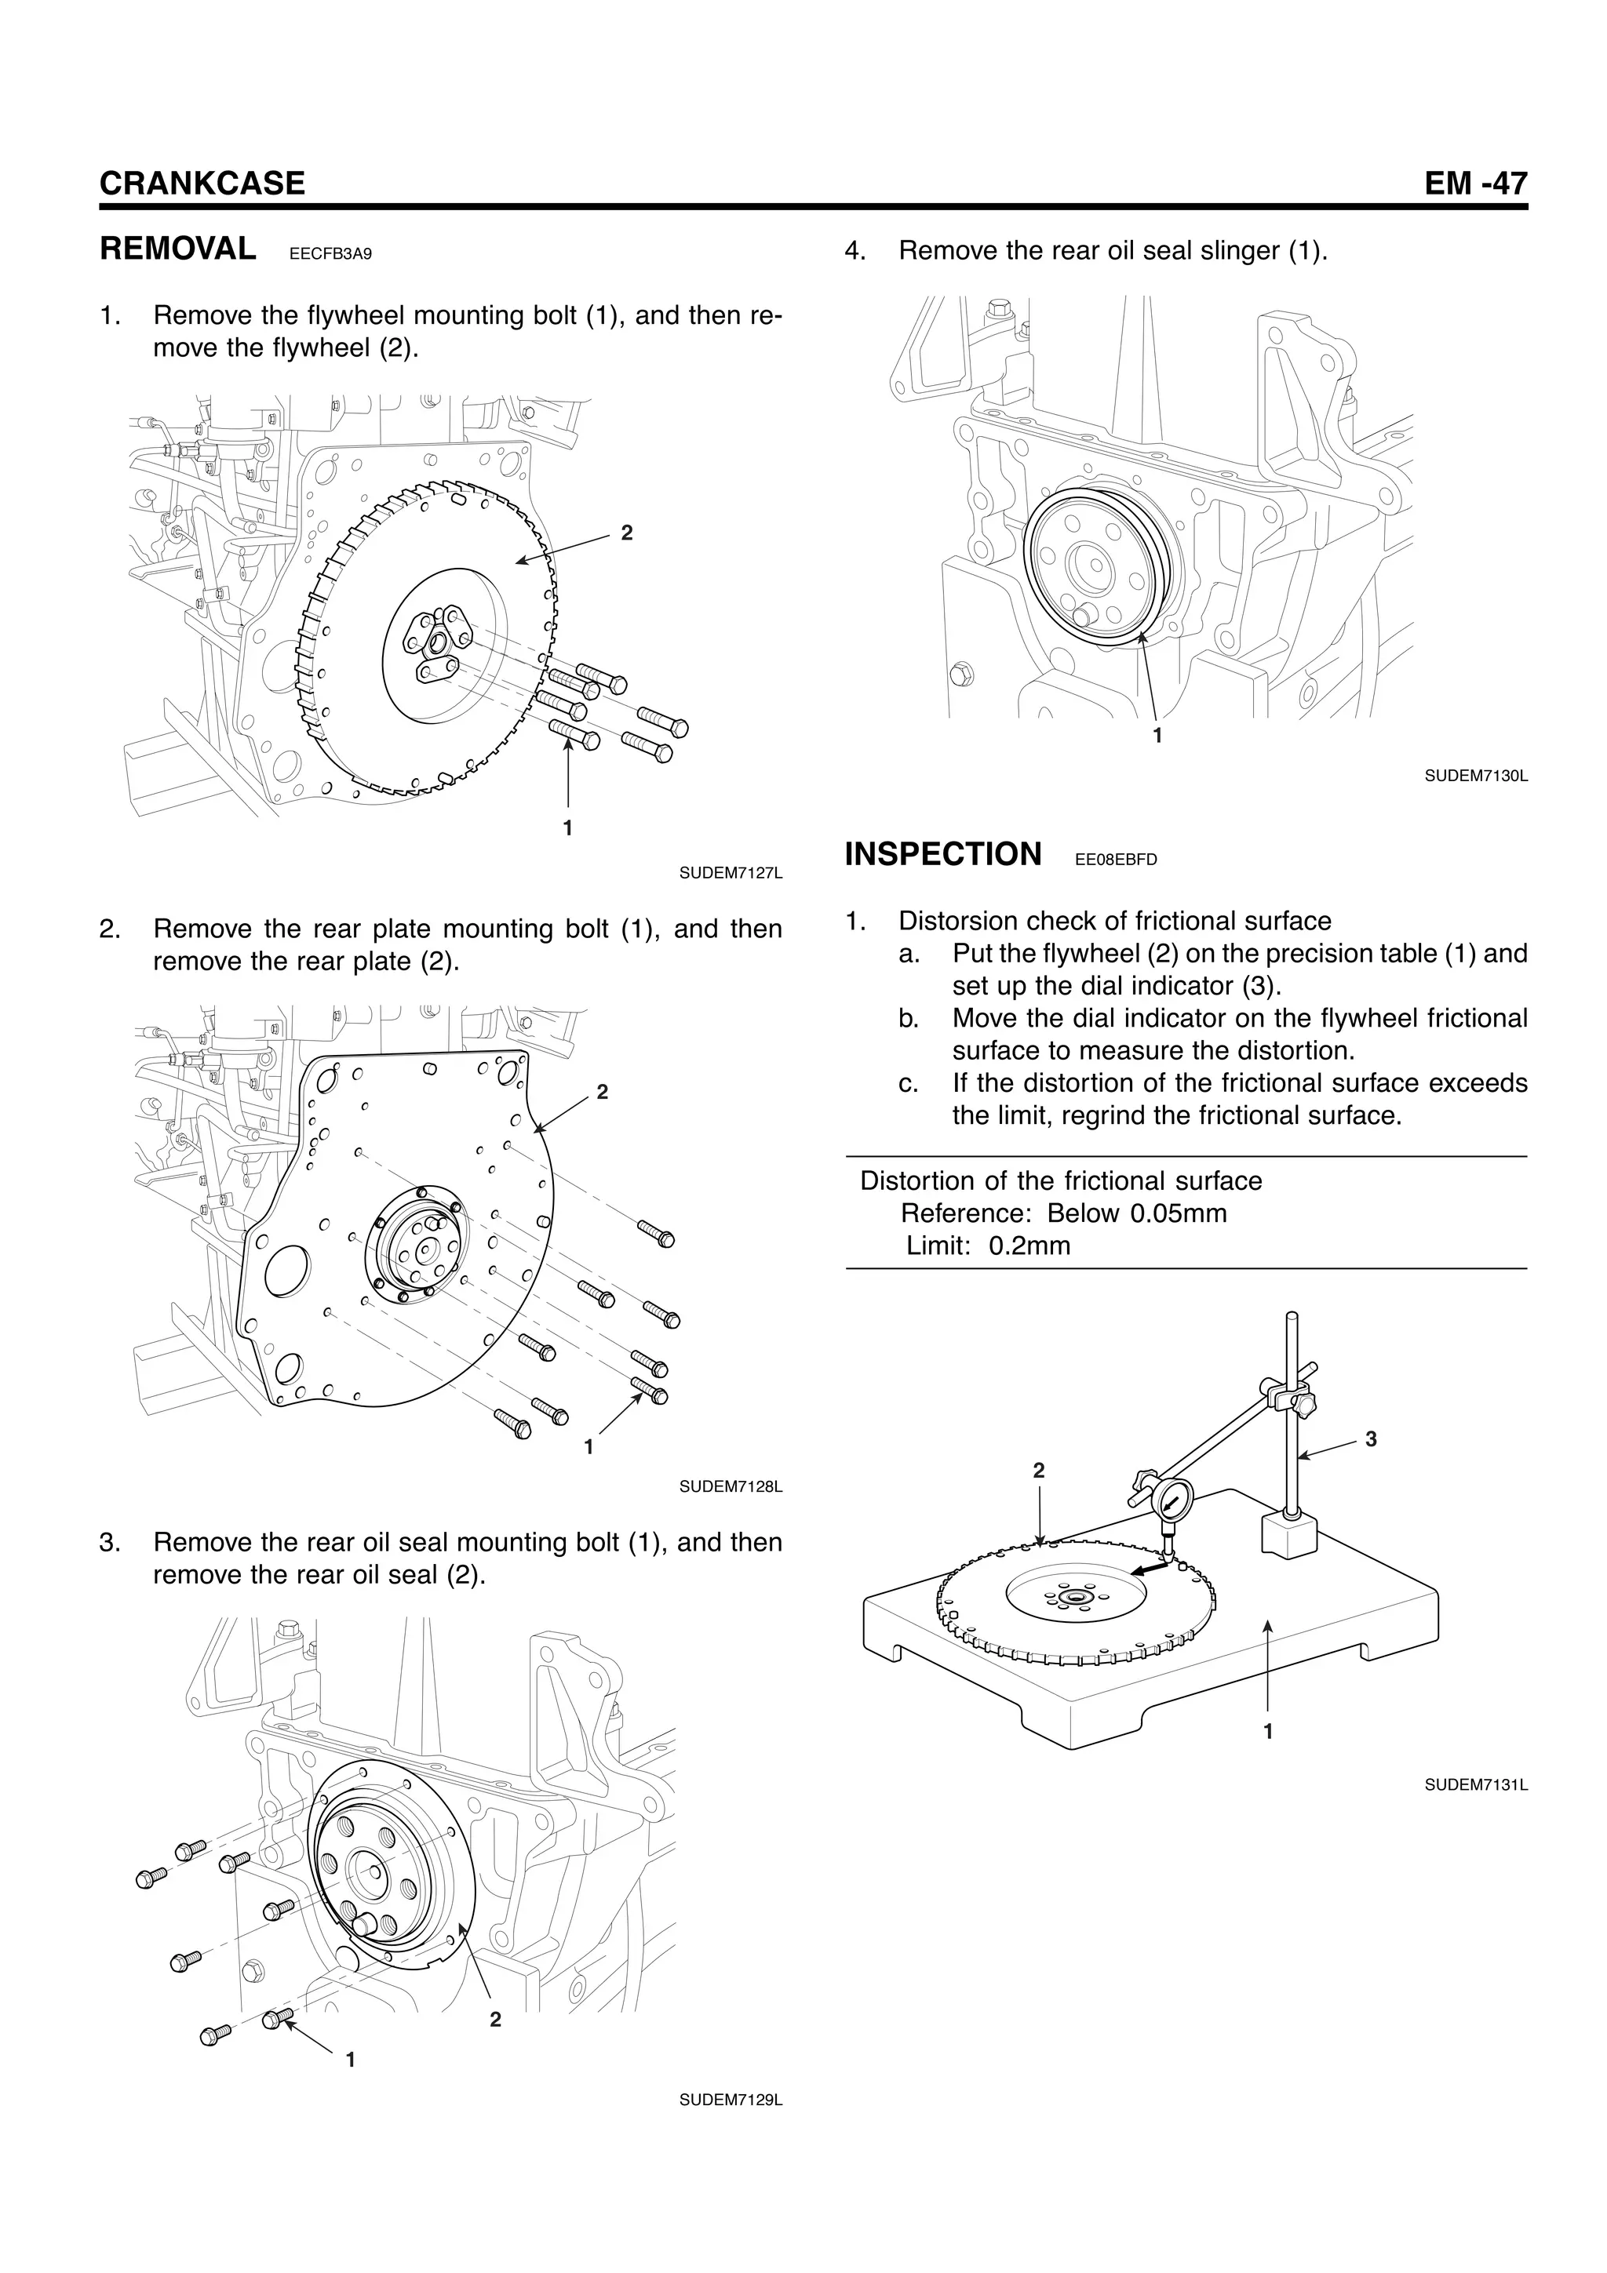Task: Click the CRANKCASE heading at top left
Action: (202, 184)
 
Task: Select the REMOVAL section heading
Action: (178, 249)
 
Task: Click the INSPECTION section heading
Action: (942, 853)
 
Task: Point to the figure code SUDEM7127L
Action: (731, 873)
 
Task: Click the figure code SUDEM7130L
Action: (1475, 776)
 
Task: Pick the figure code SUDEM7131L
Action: (1475, 1785)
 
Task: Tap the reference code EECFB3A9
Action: (330, 254)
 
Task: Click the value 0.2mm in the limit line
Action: (1029, 1246)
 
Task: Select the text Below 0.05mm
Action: (1137, 1213)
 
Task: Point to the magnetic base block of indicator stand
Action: (1289, 1537)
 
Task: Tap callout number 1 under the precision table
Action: (1268, 1732)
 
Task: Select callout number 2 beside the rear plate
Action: (602, 1092)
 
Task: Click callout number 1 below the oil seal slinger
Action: (1157, 736)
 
